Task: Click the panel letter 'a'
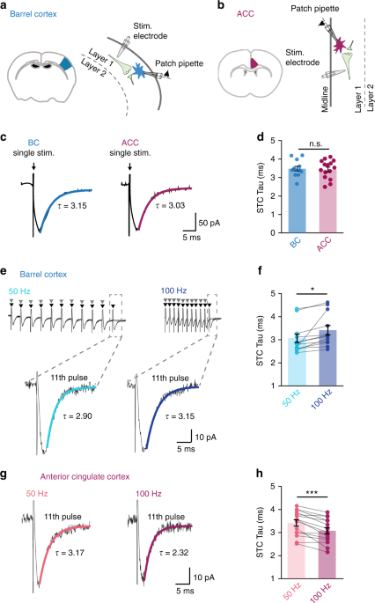[x=5, y=6]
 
